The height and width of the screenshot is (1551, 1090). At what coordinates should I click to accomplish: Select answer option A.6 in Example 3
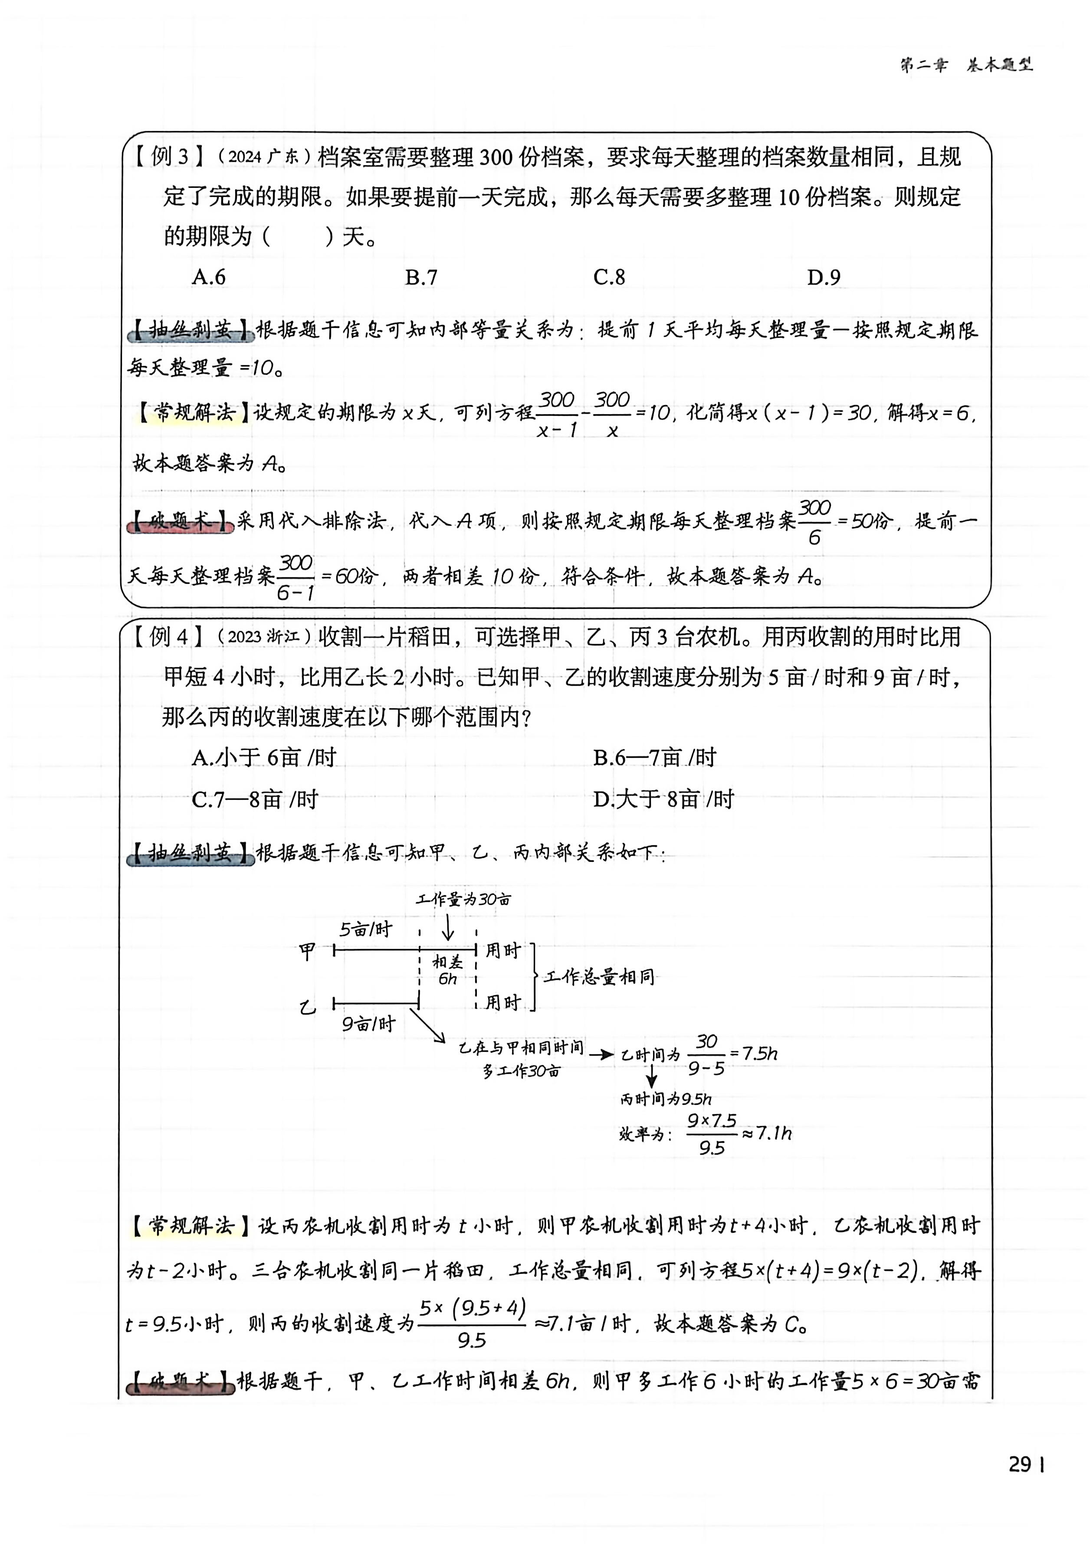(209, 277)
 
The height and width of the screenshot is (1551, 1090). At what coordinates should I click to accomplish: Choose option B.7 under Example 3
(421, 277)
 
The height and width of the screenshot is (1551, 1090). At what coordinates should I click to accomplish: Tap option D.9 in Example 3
(823, 277)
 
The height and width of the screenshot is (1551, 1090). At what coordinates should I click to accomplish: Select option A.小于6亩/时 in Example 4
(263, 758)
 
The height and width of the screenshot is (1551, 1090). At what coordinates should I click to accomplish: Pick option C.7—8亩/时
(255, 799)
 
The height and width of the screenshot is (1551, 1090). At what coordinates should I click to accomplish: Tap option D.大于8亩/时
(663, 799)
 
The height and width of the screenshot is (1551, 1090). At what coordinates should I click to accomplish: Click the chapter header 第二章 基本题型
(966, 65)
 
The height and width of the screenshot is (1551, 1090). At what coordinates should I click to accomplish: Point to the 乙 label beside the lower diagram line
(308, 1007)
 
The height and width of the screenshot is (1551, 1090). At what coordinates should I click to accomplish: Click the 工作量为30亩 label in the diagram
(463, 899)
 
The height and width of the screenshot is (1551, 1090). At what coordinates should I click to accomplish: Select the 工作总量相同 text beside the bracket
(599, 977)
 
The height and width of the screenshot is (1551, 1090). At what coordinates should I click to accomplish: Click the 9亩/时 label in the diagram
(368, 1024)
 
